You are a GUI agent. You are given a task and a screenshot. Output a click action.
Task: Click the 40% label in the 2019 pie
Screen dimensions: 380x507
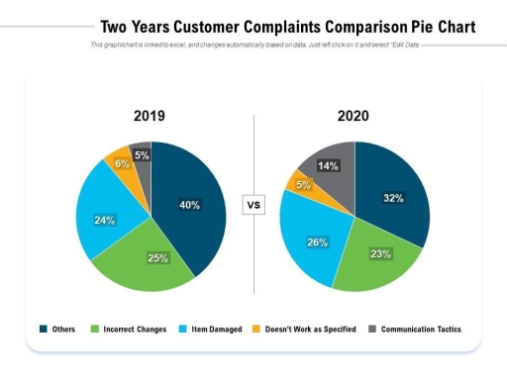pos(189,206)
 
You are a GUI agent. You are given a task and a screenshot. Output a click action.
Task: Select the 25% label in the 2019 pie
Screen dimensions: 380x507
pos(157,258)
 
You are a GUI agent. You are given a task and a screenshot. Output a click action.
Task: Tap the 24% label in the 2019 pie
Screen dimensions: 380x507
pos(105,221)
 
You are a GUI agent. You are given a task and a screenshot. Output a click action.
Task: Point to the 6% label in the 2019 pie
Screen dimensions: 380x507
pos(121,164)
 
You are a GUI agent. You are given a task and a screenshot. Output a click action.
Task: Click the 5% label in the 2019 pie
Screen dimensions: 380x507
pos(142,155)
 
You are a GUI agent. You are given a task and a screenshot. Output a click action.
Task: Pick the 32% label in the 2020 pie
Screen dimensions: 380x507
pos(393,198)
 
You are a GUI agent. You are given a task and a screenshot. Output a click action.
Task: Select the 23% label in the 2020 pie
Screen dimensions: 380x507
pos(380,253)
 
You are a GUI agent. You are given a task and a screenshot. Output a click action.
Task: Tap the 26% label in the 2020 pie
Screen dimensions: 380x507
pos(317,242)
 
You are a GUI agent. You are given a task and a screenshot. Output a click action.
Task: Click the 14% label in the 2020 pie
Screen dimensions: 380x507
pos(329,165)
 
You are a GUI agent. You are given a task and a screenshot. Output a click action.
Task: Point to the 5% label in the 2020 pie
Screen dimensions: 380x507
pos(303,185)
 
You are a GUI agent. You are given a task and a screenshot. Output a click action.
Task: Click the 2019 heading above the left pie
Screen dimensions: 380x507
pos(150,117)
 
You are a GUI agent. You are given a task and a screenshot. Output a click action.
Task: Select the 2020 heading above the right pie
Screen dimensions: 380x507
pos(354,117)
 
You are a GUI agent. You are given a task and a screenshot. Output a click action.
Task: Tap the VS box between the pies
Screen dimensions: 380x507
pos(253,206)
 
